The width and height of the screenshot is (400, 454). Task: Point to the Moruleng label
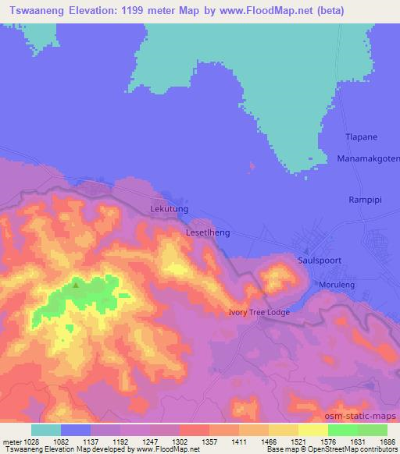click(x=337, y=285)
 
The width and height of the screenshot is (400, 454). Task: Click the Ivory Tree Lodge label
click(x=259, y=313)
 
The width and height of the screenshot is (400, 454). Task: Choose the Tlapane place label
click(x=361, y=137)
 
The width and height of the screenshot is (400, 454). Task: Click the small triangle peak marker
click(x=76, y=284)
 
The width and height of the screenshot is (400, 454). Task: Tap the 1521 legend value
click(x=285, y=441)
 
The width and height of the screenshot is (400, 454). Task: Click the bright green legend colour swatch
click(x=343, y=429)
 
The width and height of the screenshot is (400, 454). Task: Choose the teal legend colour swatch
click(x=46, y=429)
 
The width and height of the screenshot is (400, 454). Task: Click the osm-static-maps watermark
click(x=366, y=416)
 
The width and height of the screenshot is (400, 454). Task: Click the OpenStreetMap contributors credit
click(x=359, y=450)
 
